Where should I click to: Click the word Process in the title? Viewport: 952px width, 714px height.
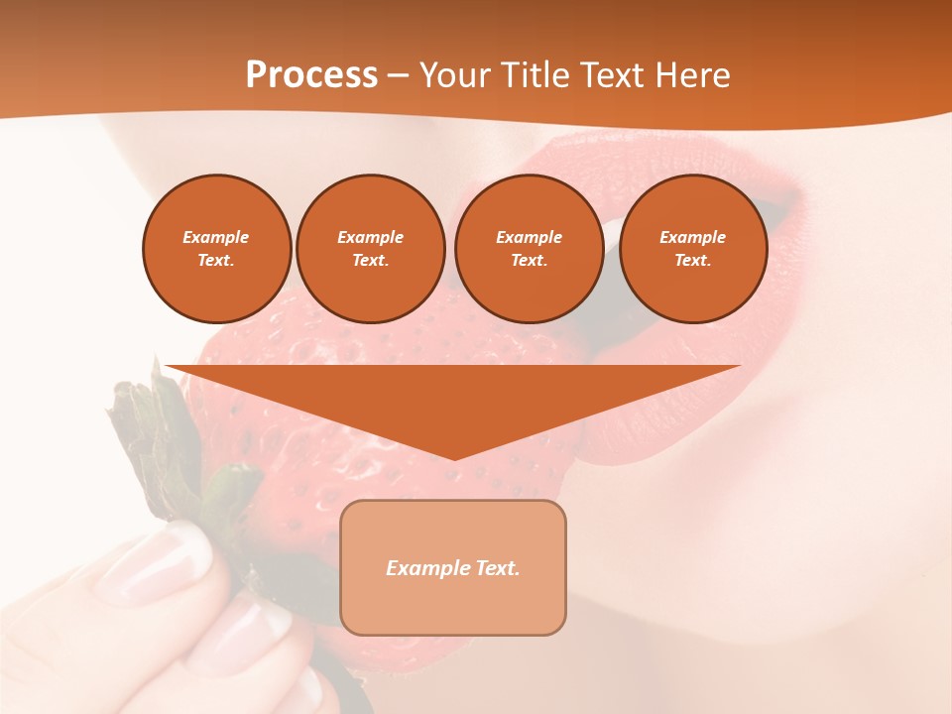tap(311, 75)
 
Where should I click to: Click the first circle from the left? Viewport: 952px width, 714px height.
tap(216, 249)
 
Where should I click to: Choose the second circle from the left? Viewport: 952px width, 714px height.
tap(371, 249)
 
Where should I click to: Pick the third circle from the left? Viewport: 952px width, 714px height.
tap(529, 249)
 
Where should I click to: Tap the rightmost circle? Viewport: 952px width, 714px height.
tap(693, 249)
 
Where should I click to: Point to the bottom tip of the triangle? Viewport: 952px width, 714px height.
tap(453, 458)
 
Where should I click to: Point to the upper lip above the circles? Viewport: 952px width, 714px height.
tap(635, 159)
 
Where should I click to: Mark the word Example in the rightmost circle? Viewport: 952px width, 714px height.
tap(693, 237)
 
